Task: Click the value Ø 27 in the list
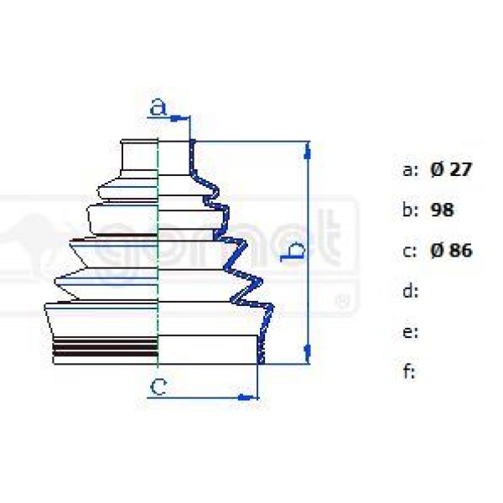[452, 169]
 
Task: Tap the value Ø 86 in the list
[452, 250]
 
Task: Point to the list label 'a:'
[410, 169]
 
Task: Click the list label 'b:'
[410, 210]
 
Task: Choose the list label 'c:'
[410, 250]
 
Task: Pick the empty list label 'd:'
[410, 291]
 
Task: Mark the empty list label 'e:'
[410, 331]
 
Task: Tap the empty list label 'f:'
[409, 371]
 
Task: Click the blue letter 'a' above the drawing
[158, 107]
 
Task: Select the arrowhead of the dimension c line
[249, 394]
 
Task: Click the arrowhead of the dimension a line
[178, 118]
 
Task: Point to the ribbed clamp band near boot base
[106, 348]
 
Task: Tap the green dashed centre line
[158, 251]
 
